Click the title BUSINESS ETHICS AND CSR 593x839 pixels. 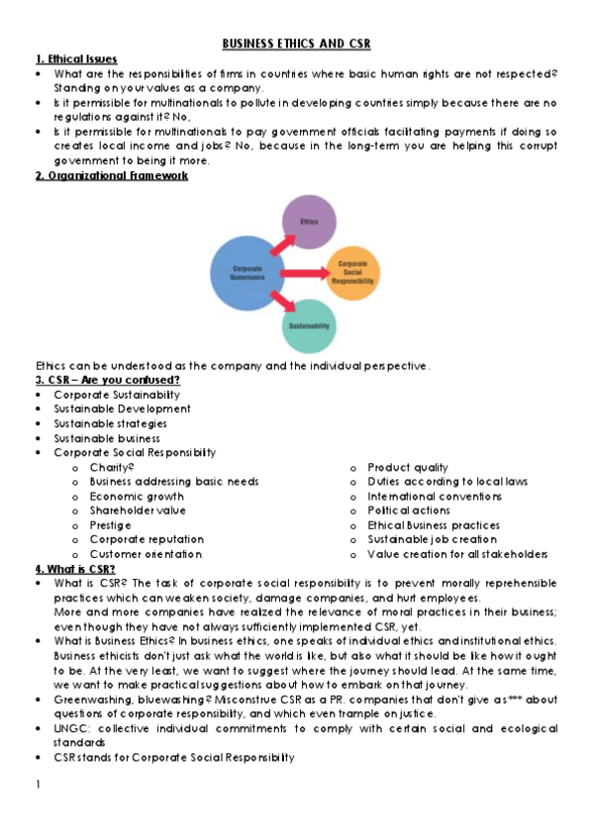[x=296, y=45]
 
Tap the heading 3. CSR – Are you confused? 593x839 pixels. [x=108, y=380]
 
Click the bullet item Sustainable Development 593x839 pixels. [x=122, y=409]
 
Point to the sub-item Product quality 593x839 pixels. [x=407, y=467]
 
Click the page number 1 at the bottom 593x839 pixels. [x=37, y=786]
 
